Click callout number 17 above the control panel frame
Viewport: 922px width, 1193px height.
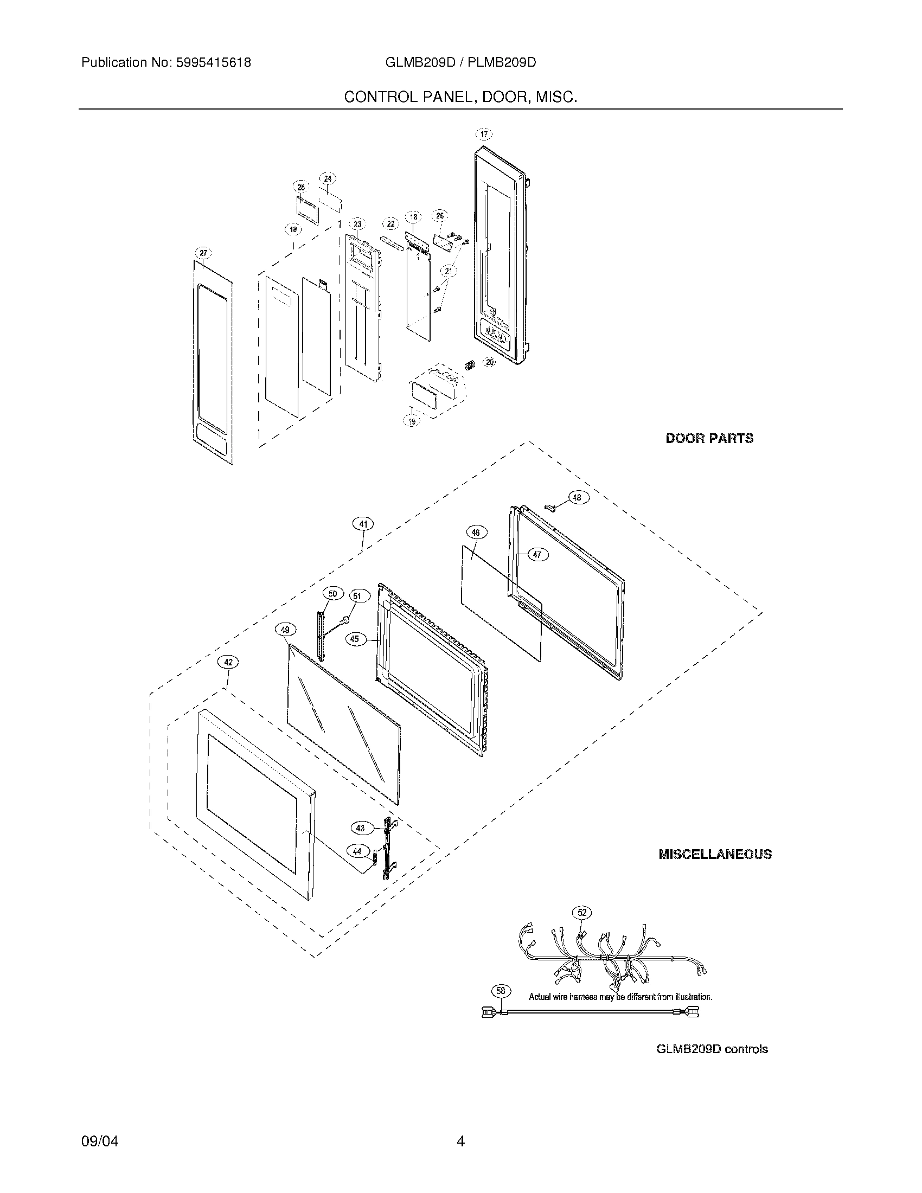tap(484, 134)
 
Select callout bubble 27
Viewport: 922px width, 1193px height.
tap(203, 253)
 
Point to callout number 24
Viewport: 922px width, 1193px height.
tap(327, 178)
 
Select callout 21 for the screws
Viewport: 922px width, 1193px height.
tap(449, 271)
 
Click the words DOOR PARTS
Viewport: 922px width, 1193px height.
tap(709, 438)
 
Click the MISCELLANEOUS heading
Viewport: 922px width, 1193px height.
tap(715, 854)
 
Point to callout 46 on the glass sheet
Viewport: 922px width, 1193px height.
tap(476, 533)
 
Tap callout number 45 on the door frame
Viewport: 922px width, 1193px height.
tap(355, 639)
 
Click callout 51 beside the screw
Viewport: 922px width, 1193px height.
tap(357, 596)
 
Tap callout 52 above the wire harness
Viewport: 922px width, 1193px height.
tap(582, 912)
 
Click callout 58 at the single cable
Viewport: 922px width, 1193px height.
tap(502, 990)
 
